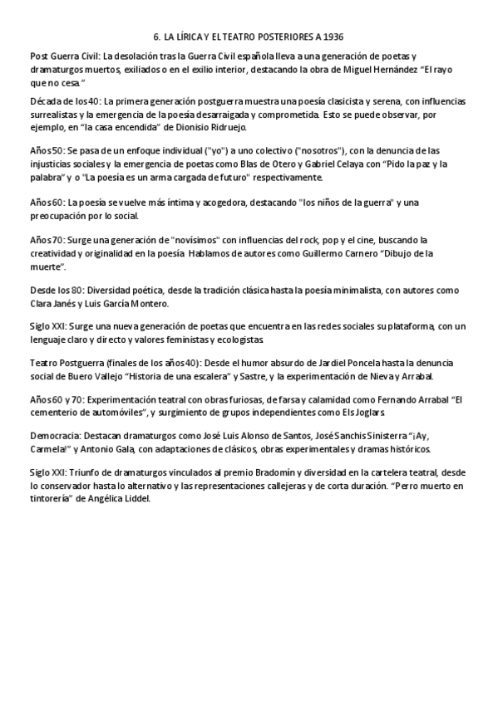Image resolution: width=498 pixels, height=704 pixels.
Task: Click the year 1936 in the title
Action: (x=331, y=37)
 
